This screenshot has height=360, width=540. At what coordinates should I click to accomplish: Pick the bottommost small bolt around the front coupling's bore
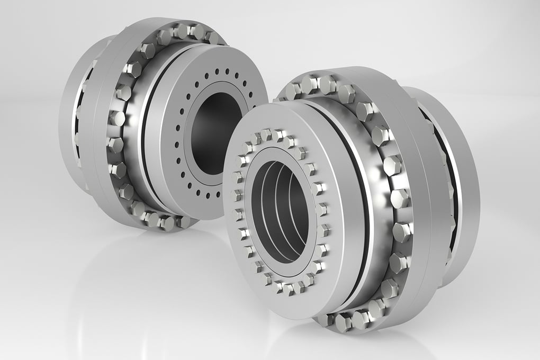point(289,289)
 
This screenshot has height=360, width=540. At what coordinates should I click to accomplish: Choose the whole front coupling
point(349,201)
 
